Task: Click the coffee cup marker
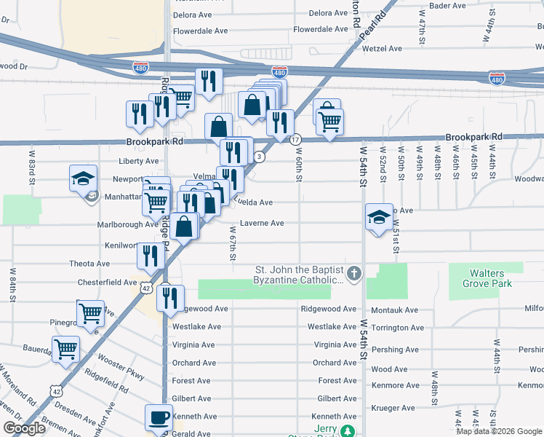click(159, 419)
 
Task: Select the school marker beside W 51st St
click(378, 217)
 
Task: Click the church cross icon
click(353, 274)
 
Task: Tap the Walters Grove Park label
click(487, 278)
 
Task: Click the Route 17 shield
click(295, 139)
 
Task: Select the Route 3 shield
click(259, 157)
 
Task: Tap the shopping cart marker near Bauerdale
click(65, 350)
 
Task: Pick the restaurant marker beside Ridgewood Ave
click(170, 298)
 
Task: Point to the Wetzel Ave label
click(385, 49)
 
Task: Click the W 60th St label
click(299, 168)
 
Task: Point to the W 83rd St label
click(32, 168)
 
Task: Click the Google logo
click(24, 428)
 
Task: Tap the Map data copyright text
click(498, 431)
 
